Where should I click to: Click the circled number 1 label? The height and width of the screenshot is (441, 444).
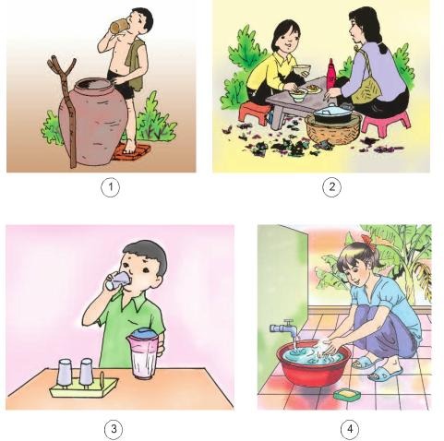point(111,187)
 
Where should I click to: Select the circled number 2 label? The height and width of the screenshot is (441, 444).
point(330,187)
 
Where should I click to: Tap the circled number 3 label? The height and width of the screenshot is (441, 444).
point(111,427)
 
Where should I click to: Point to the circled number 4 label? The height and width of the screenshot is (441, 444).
point(348,427)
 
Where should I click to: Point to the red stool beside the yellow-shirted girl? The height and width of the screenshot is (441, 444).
point(255,112)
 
